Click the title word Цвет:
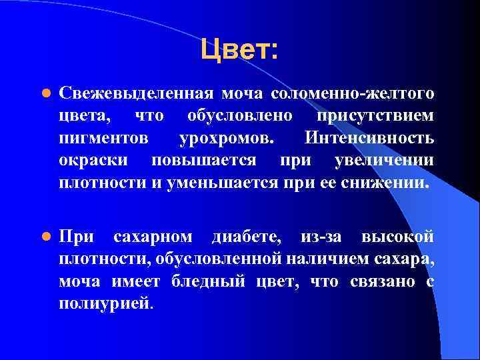pyautogui.click(x=239, y=50)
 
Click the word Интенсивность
pyautogui.click(x=369, y=139)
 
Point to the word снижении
pyautogui.click(x=387, y=183)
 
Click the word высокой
pyautogui.click(x=397, y=237)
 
